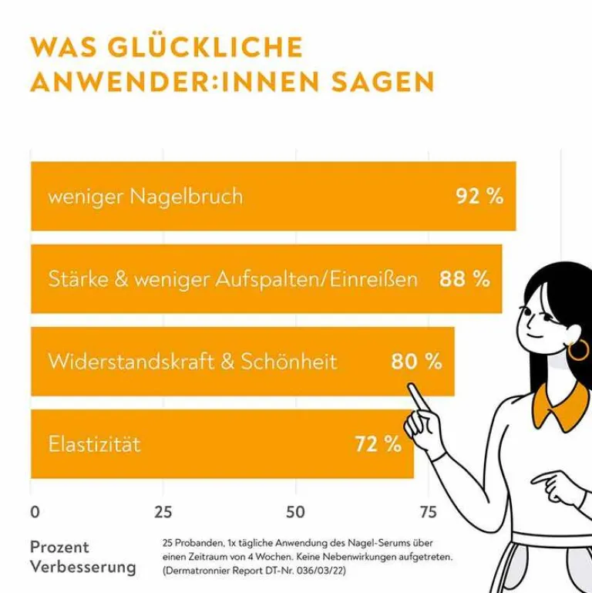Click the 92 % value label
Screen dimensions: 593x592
(x=479, y=196)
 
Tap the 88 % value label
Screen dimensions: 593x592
(x=465, y=278)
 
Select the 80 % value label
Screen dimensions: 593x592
(x=416, y=361)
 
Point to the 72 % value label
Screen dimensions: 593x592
(x=378, y=444)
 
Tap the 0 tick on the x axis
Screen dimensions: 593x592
(x=35, y=512)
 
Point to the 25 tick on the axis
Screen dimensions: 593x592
(x=163, y=512)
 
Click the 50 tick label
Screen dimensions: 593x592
(x=295, y=512)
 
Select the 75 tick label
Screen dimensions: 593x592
(x=427, y=512)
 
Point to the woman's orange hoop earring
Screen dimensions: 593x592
(x=577, y=349)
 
